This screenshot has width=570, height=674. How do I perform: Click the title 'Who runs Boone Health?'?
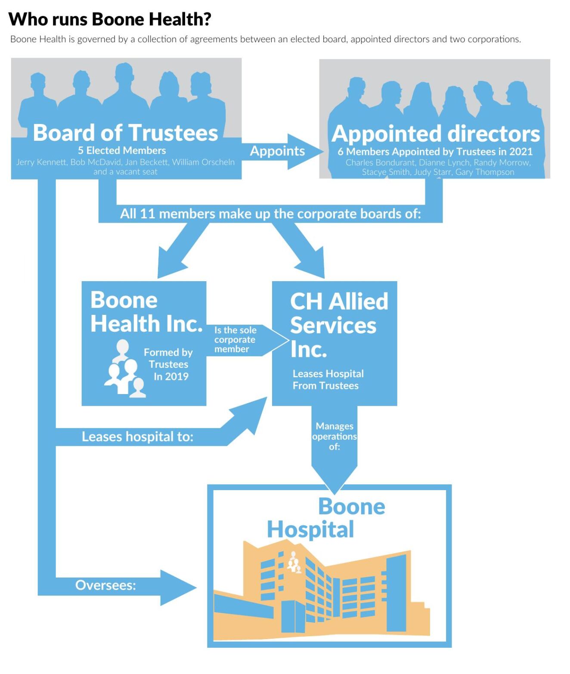pyautogui.click(x=110, y=19)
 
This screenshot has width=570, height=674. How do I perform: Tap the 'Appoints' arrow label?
pyautogui.click(x=277, y=151)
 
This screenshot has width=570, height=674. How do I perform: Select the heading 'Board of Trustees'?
pyautogui.click(x=125, y=133)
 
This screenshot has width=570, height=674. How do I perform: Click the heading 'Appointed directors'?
pyautogui.click(x=435, y=134)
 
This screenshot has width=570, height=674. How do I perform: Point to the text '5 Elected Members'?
pyautogui.click(x=122, y=151)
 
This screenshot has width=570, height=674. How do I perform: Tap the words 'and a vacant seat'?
pyautogui.click(x=125, y=172)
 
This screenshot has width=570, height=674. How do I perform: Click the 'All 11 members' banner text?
pyautogui.click(x=270, y=214)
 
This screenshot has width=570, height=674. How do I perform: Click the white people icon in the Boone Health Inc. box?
pyautogui.click(x=124, y=370)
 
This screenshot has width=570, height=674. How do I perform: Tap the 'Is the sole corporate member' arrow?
pyautogui.click(x=235, y=340)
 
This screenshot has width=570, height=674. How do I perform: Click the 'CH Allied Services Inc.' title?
pyautogui.click(x=338, y=325)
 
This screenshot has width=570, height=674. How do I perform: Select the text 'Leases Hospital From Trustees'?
pyautogui.click(x=328, y=380)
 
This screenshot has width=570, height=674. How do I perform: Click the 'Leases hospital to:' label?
pyautogui.click(x=137, y=437)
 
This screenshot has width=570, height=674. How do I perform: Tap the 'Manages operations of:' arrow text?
pyautogui.click(x=335, y=436)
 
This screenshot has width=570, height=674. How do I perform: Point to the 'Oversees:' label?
pyautogui.click(x=105, y=585)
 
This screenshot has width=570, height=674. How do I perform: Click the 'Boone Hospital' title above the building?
pyautogui.click(x=326, y=518)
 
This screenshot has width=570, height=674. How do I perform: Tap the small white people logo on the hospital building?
pyautogui.click(x=294, y=562)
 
